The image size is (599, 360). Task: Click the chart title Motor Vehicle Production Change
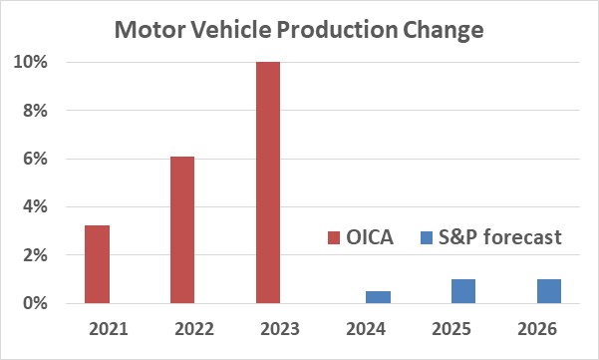point(299,29)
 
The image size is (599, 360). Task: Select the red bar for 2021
point(97,264)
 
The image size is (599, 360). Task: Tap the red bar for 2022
point(182,229)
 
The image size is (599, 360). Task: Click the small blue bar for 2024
point(377,297)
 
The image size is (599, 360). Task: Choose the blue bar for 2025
point(462,291)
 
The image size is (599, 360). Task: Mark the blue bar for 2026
point(548,291)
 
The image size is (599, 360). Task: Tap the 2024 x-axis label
point(366,328)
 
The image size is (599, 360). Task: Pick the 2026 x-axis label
point(537,328)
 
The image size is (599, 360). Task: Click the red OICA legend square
point(334,238)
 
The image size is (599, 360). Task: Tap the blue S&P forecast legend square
point(427,238)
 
